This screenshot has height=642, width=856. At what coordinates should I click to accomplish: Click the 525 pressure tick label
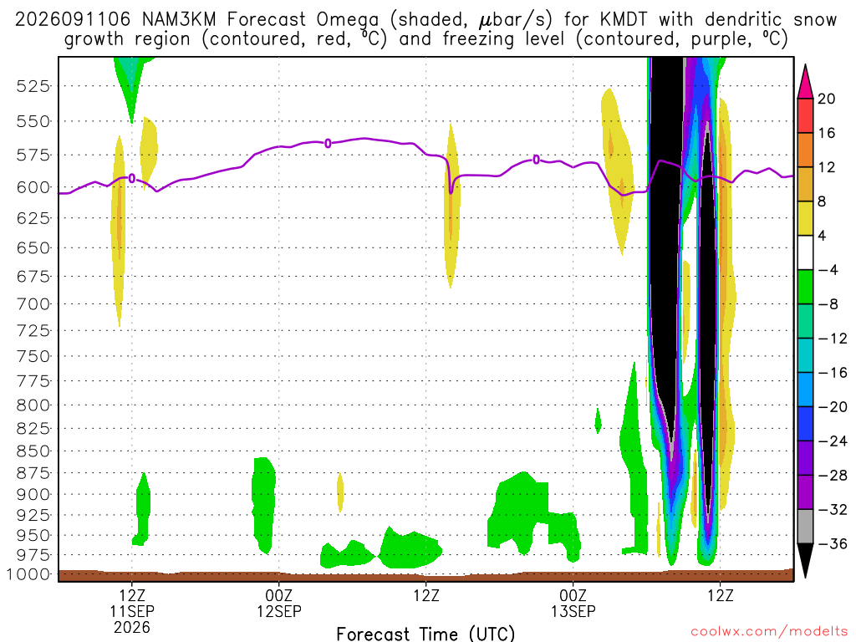[33, 86]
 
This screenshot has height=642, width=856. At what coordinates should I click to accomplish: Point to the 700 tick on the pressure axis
[33, 304]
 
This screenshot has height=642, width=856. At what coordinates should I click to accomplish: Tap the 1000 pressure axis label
[29, 574]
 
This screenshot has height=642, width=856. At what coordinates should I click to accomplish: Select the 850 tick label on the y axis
[33, 451]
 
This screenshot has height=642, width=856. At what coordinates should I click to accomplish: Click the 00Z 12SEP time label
[279, 603]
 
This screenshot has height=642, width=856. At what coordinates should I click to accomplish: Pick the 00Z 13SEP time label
[573, 603]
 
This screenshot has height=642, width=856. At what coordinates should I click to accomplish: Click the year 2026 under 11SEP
[132, 627]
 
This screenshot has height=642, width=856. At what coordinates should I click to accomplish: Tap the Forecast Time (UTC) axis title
[425, 634]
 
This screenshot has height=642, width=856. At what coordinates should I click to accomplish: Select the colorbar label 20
[827, 99]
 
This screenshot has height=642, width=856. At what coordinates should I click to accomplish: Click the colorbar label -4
[827, 270]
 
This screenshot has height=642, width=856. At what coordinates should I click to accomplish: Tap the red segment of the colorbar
[805, 115]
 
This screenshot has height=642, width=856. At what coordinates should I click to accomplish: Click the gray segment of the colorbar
[805, 527]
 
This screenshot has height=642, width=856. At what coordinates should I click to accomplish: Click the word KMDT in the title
[623, 20]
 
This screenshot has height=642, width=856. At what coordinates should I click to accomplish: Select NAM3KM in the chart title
[179, 20]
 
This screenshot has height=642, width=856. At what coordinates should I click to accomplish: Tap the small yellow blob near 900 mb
[340, 492]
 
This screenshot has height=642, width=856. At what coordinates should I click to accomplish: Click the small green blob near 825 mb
[599, 420]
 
